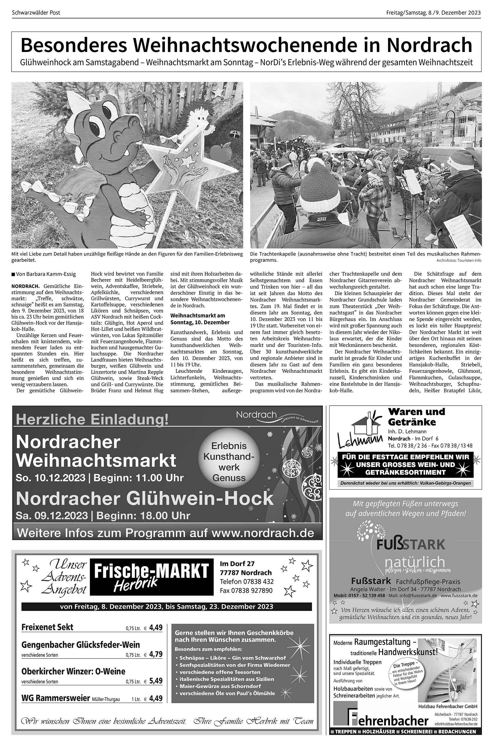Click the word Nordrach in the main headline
pyautogui.click(x=429, y=46)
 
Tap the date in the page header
pyautogui.click(x=433, y=13)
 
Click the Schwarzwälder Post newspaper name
pyautogui.click(x=36, y=13)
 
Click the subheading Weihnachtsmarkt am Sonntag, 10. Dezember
pyautogui.click(x=198, y=319)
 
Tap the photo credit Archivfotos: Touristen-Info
pyautogui.click(x=459, y=261)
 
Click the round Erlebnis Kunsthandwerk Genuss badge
pyautogui.click(x=229, y=462)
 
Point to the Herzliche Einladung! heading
pyautogui.click(x=92, y=419)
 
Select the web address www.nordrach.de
pyautogui.click(x=262, y=533)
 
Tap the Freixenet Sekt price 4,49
pyautogui.click(x=156, y=628)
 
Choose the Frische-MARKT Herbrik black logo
pyautogui.click(x=151, y=577)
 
